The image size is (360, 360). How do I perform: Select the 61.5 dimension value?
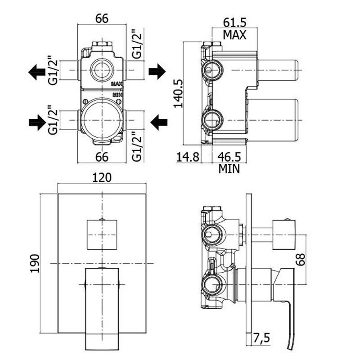235,22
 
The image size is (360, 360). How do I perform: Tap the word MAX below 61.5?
235,35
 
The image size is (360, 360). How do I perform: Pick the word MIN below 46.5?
229,169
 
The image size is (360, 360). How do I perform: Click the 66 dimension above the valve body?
103,19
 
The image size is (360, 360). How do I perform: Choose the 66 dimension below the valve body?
103,157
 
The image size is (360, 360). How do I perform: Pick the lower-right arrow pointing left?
158,121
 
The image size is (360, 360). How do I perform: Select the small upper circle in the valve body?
102,70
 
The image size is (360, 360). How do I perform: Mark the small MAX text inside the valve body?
117,84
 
